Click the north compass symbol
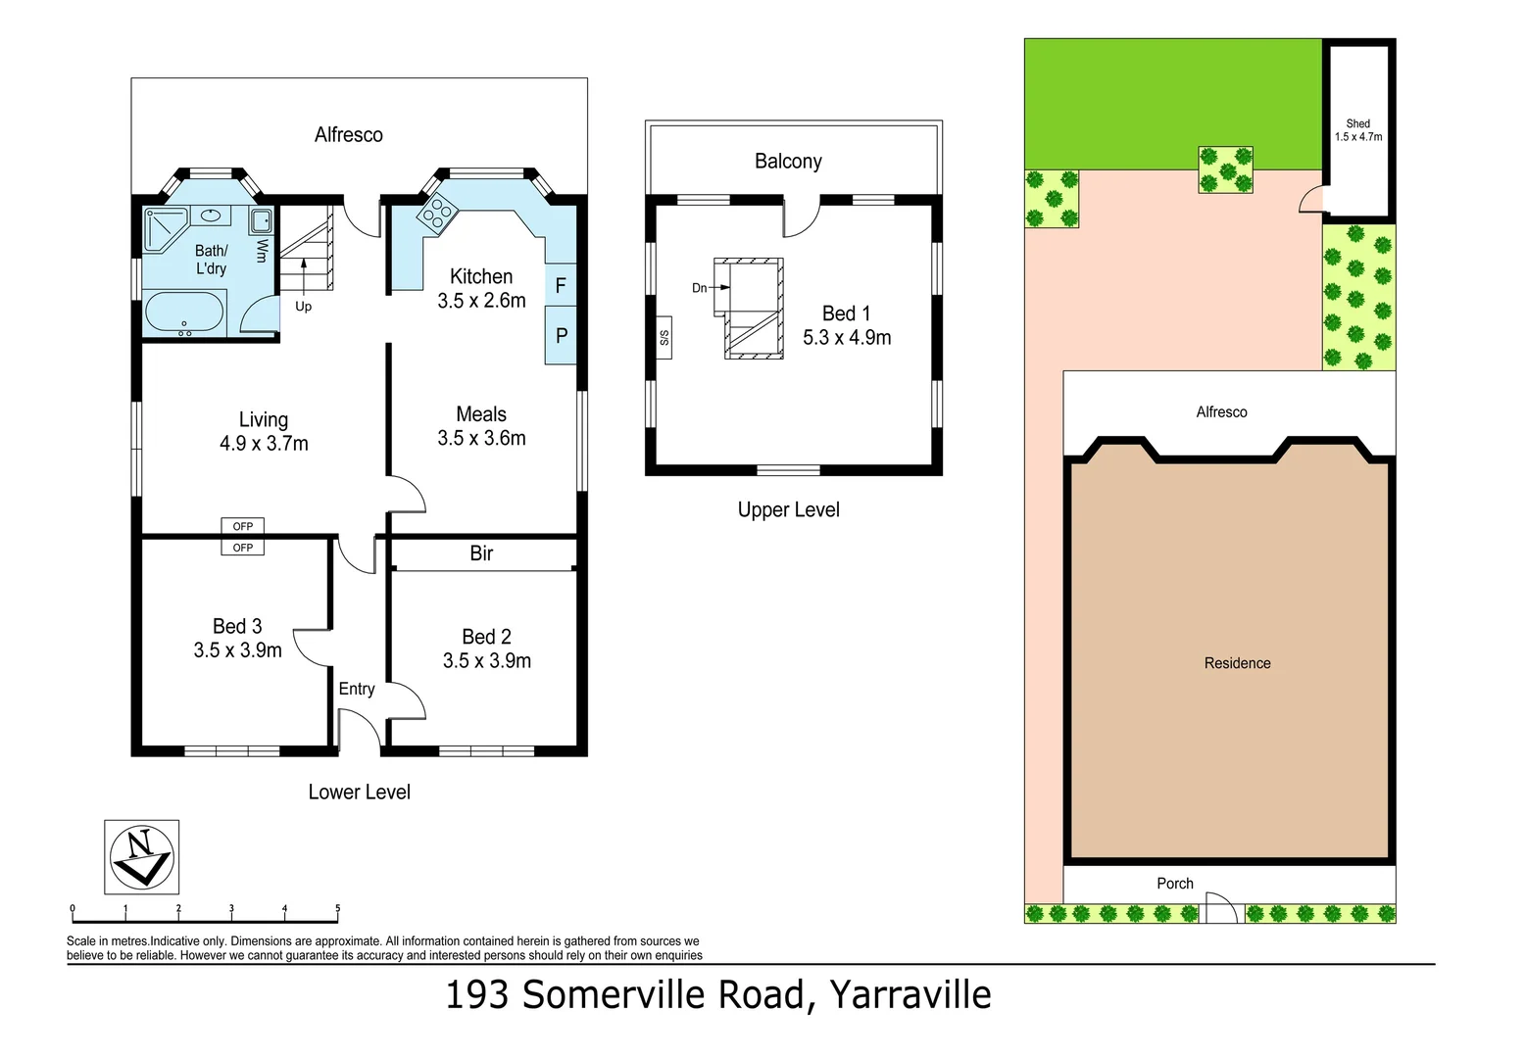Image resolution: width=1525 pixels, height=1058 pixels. [141, 855]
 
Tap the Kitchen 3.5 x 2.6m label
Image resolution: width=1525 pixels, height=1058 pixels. [481, 289]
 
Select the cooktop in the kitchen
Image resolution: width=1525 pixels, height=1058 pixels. [436, 213]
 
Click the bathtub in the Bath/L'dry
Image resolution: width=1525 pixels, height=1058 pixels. [184, 314]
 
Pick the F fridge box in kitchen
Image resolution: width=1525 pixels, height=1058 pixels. [561, 286]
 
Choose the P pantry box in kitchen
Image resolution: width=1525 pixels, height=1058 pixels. [561, 335]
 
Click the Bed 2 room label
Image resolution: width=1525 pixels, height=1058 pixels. [486, 649]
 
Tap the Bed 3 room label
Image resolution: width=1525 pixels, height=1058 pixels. [237, 638]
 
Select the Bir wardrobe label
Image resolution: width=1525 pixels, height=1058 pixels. [481, 553]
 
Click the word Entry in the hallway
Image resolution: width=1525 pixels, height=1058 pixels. [357, 689]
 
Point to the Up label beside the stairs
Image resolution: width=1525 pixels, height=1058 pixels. [304, 307]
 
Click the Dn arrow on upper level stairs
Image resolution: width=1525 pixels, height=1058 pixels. [712, 288]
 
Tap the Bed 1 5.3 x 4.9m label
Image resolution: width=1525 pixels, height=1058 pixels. [847, 325]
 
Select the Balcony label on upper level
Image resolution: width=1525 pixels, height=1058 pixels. [788, 162]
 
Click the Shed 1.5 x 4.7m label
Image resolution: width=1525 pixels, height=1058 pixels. [1358, 130]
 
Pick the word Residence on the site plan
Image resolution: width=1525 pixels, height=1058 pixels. [1237, 663]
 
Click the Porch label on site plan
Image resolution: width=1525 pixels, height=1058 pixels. [1175, 884]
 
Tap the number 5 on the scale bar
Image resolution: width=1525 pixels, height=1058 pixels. [337, 909]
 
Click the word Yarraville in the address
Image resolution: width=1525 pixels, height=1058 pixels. [910, 994]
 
